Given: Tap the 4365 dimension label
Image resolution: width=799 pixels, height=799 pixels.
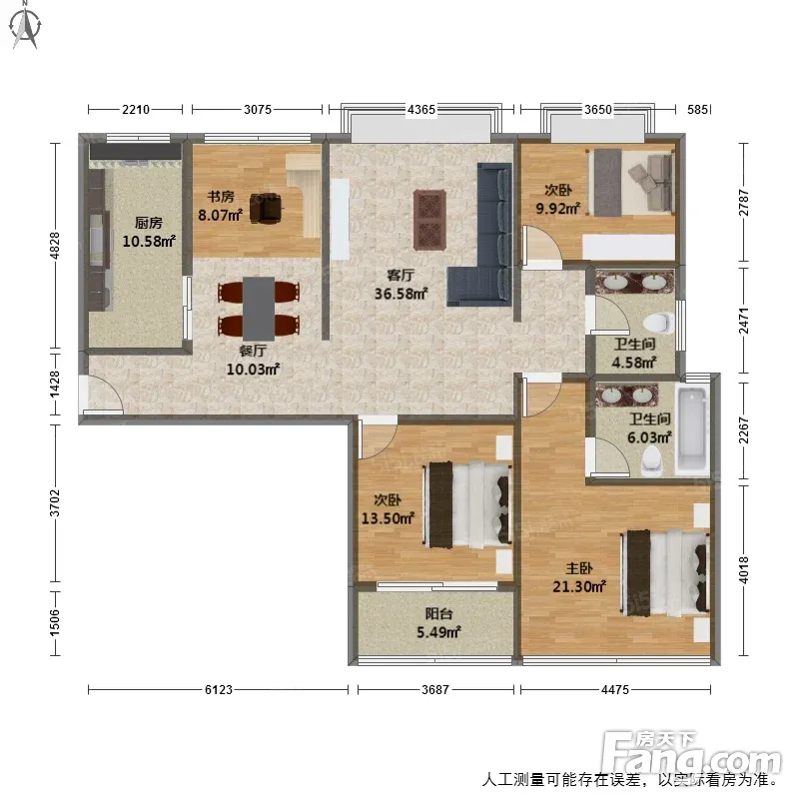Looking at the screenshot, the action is [420, 110].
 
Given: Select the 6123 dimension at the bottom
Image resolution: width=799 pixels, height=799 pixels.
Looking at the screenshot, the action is [218, 690].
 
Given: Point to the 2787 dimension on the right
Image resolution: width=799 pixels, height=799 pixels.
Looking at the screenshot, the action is [744, 203].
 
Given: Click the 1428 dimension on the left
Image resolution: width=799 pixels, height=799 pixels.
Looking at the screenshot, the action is [55, 385].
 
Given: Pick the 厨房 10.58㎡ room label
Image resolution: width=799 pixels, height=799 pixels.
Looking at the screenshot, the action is [149, 232].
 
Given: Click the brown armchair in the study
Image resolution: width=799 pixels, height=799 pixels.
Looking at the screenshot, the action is [266, 208].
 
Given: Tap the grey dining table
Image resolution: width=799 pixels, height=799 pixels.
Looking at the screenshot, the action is [259, 309].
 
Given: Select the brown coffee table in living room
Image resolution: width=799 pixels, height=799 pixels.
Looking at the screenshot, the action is [429, 220].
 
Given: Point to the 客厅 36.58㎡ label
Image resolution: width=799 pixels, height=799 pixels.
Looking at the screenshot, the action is [400, 285].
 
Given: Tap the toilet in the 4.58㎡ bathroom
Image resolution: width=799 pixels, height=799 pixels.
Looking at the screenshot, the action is [658, 323].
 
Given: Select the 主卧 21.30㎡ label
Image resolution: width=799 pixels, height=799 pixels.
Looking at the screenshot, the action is [579, 577].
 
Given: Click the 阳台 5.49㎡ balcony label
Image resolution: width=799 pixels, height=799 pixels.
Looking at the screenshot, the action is [438, 623].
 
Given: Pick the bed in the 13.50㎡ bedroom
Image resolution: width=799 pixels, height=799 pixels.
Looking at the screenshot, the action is [466, 505].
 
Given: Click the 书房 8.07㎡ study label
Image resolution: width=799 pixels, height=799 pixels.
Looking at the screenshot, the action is [220, 206].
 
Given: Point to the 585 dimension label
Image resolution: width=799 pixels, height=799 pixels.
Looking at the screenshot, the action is [697, 110].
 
